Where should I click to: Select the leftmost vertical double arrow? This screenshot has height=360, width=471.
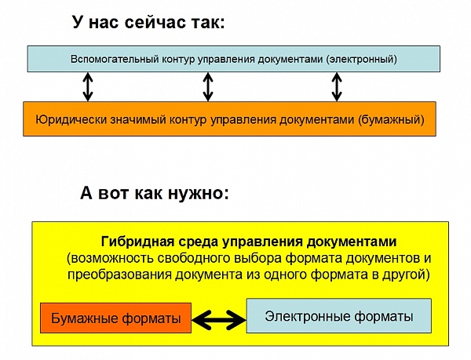pos(88,87)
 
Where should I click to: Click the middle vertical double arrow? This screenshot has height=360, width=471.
pos(208,87)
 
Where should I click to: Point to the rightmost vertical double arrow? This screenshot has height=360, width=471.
pos(337,87)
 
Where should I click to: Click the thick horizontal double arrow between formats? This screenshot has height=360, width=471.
pos(219,320)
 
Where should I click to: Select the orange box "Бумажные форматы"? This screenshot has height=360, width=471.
pos(115,318)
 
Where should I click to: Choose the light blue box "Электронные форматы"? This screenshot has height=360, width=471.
pos(339,315)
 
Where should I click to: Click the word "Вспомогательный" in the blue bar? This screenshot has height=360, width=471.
pos(115,59)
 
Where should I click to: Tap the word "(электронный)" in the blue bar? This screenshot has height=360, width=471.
pos(361,59)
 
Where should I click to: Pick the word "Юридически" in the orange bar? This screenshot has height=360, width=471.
pos(71,119)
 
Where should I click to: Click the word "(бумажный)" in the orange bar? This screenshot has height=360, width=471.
pos(391,120)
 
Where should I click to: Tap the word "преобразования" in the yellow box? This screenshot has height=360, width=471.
pos(119,275)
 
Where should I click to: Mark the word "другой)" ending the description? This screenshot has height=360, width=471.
pos(406,275)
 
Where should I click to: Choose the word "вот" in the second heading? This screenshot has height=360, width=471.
pos(115,194)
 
